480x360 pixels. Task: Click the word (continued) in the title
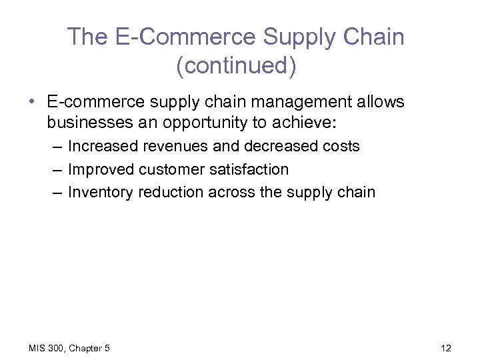click(x=236, y=67)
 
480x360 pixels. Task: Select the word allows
click(x=379, y=102)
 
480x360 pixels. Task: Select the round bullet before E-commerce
click(x=32, y=102)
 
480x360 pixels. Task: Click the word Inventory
click(x=100, y=193)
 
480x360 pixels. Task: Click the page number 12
click(x=445, y=348)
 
